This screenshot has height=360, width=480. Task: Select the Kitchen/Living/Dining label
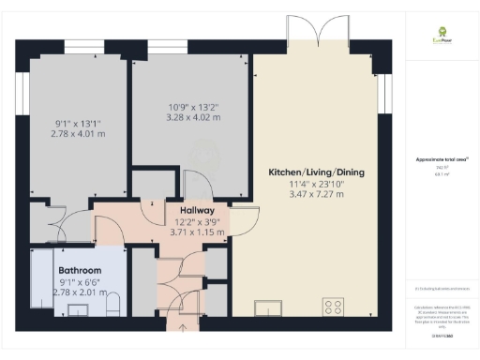[316, 172]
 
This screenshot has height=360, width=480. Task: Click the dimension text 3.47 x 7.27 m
[316, 194]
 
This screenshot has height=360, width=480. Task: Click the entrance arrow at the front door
[182, 327]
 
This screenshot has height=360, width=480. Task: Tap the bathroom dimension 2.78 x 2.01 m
[57, 292]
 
